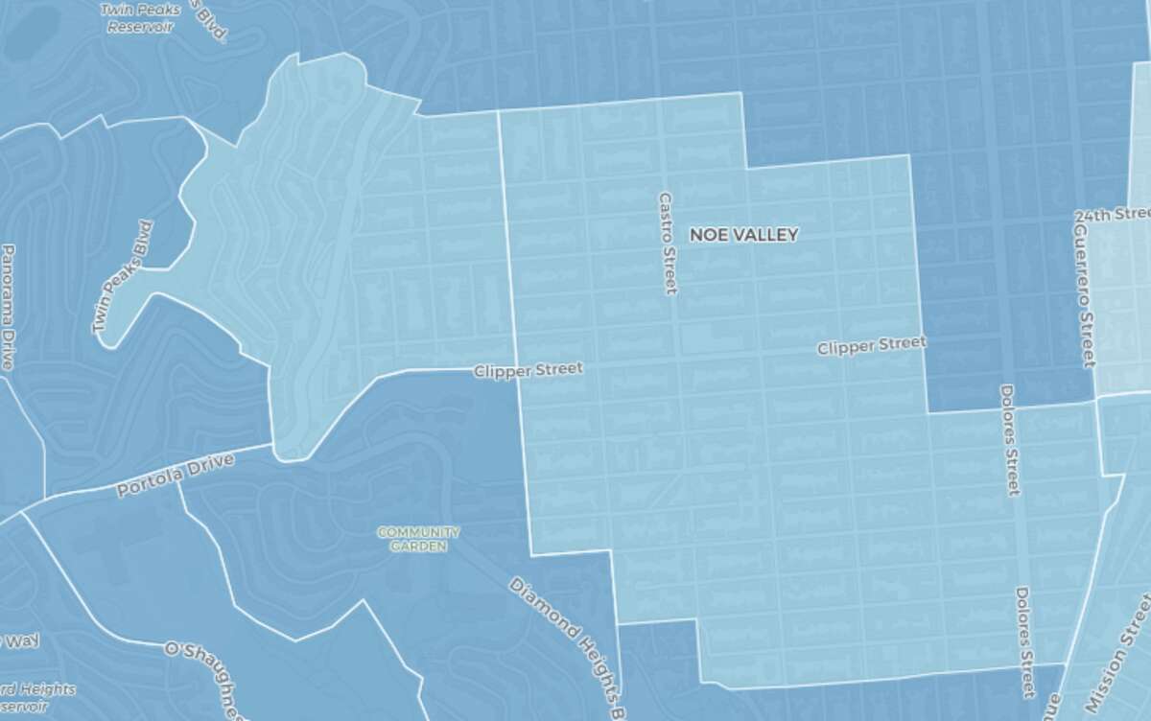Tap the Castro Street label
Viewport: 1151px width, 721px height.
click(668, 243)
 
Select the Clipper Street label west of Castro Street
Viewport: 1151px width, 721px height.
click(528, 369)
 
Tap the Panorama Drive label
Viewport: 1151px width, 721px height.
click(8, 307)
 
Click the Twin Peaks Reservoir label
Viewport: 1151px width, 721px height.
click(140, 18)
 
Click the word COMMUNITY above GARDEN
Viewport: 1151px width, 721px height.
click(418, 532)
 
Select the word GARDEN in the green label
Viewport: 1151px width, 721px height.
click(418, 547)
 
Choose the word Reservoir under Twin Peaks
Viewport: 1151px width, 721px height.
click(140, 27)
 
